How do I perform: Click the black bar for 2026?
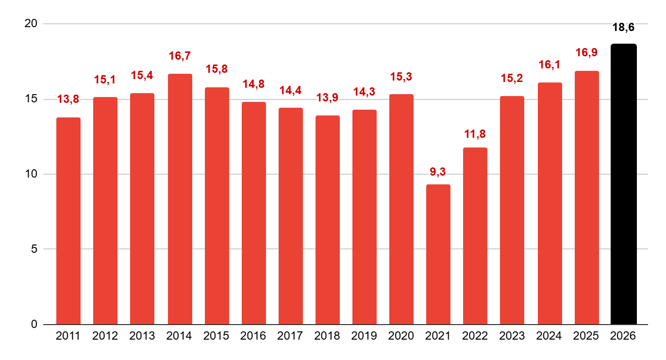623,184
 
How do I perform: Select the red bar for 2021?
438,254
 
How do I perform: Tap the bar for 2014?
180,199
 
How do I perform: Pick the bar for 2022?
475,236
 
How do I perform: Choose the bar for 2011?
68,221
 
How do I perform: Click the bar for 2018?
328,220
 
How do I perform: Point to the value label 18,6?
623,28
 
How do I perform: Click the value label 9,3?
438,171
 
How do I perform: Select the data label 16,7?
180,56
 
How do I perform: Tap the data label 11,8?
475,134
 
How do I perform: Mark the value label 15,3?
401,77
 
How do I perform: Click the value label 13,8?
68,100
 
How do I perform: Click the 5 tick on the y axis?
34,249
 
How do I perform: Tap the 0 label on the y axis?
34,324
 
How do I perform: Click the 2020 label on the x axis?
401,336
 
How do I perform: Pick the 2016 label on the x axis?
253,336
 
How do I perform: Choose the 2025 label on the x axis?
586,336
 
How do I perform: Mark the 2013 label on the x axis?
142,336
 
